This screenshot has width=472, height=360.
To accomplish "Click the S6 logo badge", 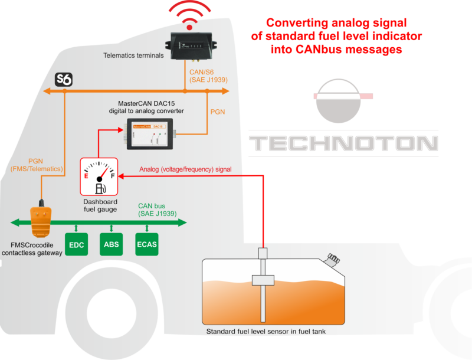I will click(63, 79).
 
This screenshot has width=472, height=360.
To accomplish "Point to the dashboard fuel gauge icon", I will click(99, 176).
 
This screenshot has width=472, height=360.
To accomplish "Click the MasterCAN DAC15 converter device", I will click(149, 132).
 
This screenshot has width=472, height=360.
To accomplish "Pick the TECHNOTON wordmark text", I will click(343, 143).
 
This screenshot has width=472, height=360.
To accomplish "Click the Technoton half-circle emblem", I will click(343, 97).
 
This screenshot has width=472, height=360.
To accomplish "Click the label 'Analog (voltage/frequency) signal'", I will click(185, 169).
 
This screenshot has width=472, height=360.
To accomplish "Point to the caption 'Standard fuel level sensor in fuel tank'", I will click(265, 332).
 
